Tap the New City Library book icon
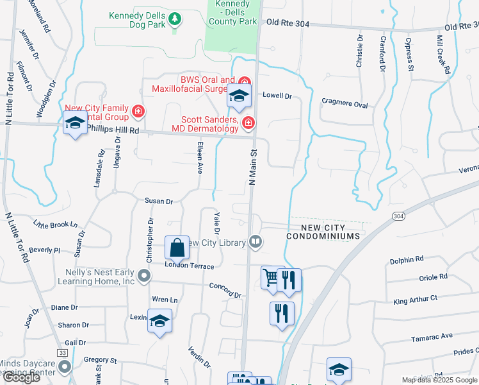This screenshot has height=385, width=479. (x=256, y=242)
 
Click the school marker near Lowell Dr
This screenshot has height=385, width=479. (x=239, y=96)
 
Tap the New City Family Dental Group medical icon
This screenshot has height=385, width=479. (x=138, y=113)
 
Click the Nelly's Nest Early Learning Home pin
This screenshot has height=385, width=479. (x=145, y=277)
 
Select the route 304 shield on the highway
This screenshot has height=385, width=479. (x=398, y=216)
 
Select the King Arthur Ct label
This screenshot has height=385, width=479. (x=415, y=298)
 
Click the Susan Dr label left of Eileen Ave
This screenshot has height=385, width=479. (x=159, y=201)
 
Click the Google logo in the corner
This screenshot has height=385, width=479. (x=20, y=377)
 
